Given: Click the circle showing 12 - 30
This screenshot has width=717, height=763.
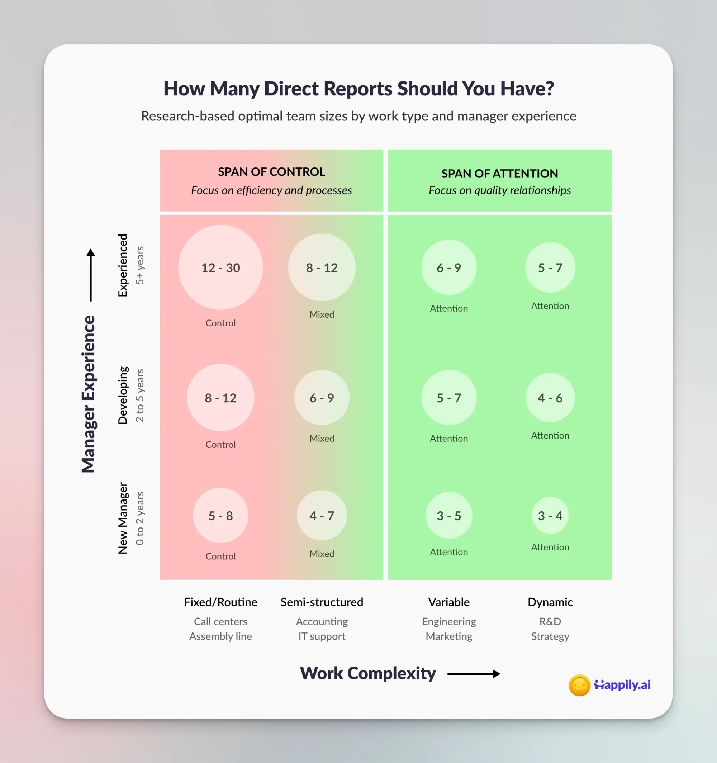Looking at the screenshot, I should tap(220, 267).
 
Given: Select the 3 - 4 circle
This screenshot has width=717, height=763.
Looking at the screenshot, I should tap(550, 516).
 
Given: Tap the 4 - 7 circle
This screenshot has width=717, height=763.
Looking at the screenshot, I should tap(322, 516).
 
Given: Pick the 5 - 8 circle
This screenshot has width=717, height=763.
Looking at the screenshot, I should tap(220, 516).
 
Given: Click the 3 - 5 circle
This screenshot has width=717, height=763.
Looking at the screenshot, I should tap(449, 516).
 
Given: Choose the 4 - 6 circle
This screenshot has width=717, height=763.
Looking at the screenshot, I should tap(550, 398).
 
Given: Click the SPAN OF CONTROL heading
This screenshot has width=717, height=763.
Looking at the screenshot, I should tap(271, 171).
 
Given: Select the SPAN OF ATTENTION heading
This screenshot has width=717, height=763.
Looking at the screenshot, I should tap(499, 174).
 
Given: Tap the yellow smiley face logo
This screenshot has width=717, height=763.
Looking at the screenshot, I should tap(579, 685).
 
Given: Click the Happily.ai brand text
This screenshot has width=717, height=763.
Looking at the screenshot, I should tap(622, 685).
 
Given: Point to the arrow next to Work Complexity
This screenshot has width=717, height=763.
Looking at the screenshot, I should tap(474, 674).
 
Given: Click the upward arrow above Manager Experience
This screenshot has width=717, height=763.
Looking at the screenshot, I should tap(91, 274).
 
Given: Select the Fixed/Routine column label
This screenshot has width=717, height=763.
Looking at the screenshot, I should tap(220, 602).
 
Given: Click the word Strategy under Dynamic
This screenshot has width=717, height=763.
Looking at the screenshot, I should tap(550, 636).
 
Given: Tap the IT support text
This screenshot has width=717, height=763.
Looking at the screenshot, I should tap(322, 636).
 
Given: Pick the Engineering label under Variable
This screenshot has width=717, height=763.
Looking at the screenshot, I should tap(449, 621).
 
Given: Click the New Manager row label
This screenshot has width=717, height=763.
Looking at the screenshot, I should tap(123, 518).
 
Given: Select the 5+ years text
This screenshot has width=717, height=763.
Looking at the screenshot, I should tap(140, 265).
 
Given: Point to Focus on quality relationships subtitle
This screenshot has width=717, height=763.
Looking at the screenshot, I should tap(499, 190).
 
